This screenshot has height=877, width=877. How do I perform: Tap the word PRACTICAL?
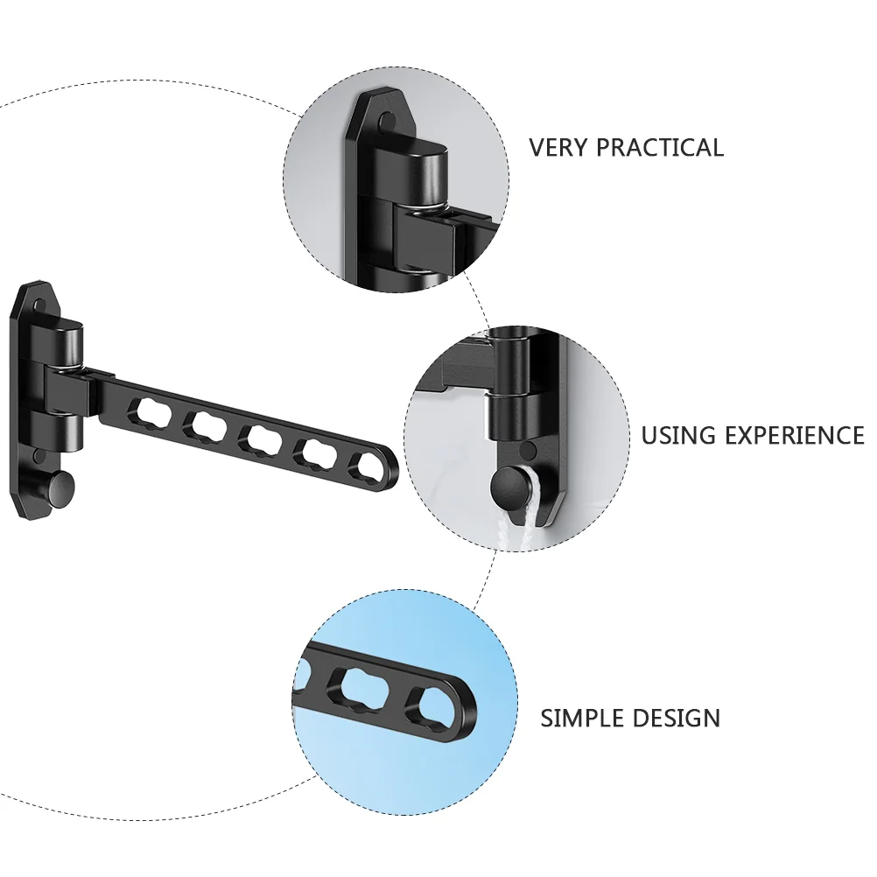pyautogui.click(x=660, y=147)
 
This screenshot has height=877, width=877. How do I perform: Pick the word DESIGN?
pyautogui.click(x=675, y=718)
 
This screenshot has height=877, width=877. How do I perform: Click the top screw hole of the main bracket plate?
pyautogui.click(x=39, y=306)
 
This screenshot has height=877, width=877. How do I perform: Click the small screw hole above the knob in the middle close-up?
pyautogui.click(x=526, y=449)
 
